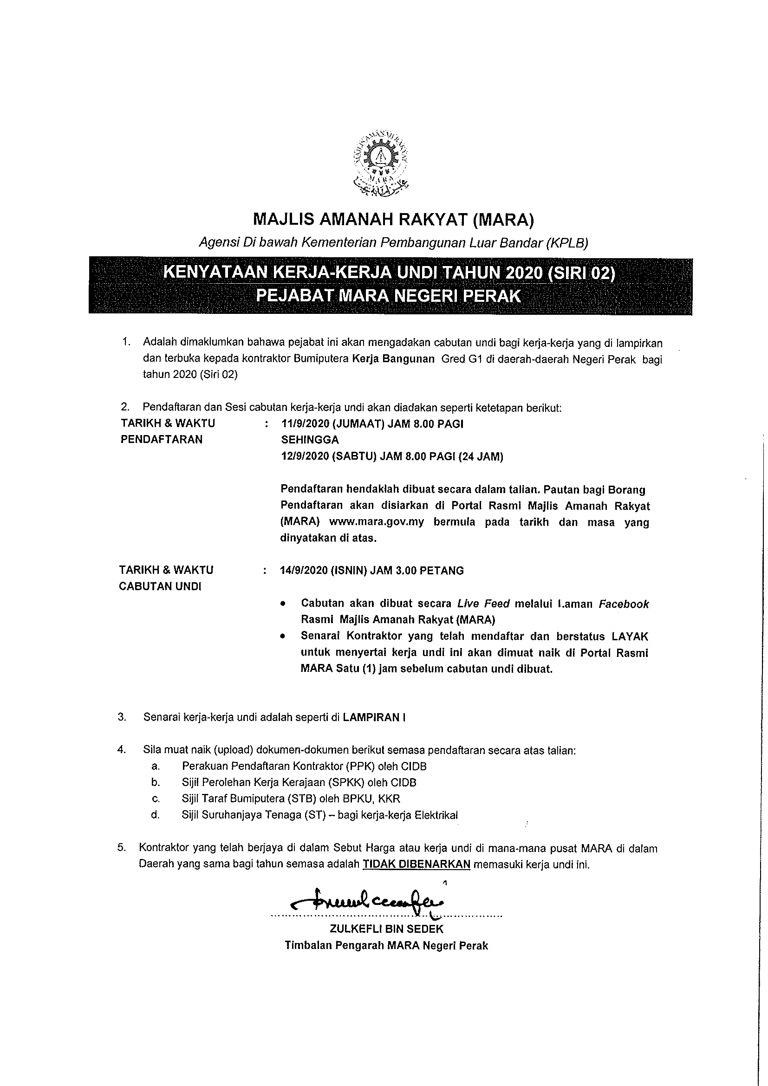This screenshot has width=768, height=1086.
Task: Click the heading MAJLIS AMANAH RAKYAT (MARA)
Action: tap(393, 219)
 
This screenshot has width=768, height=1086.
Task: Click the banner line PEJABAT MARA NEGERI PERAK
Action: tap(388, 296)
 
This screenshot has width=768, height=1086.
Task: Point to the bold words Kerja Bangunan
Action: tap(393, 358)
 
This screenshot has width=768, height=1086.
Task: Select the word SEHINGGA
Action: tap(310, 440)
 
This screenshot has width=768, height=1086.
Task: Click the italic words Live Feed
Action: tap(483, 604)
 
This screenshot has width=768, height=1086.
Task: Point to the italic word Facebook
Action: tap(624, 604)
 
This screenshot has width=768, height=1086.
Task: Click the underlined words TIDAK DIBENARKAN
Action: tap(417, 864)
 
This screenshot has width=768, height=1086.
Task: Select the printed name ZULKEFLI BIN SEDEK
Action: tap(386, 929)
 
